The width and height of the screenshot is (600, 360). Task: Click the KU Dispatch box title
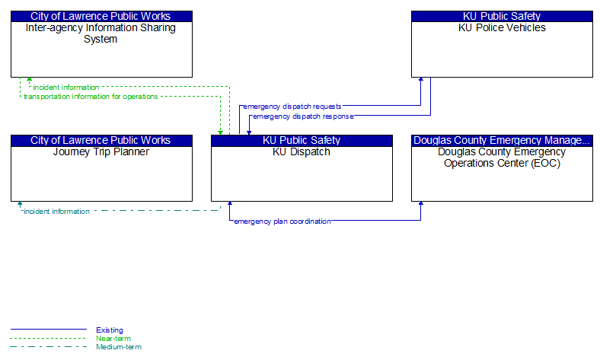[302, 152]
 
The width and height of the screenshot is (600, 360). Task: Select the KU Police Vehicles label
[502, 28]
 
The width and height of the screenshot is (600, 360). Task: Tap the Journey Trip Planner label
[101, 152]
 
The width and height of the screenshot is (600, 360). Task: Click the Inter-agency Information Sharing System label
[101, 33]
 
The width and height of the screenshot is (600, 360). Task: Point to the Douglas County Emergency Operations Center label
[502, 158]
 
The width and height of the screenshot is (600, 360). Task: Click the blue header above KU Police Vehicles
[502, 17]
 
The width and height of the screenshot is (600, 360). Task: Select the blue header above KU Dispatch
[302, 140]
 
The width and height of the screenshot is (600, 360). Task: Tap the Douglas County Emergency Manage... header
[502, 140]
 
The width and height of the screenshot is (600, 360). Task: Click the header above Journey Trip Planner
[101, 140]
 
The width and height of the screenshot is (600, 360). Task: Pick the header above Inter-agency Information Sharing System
[101, 17]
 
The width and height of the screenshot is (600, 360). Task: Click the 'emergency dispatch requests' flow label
[292, 107]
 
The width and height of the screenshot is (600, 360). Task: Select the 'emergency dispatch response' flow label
[303, 116]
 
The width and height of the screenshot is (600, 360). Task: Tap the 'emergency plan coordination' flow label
[282, 221]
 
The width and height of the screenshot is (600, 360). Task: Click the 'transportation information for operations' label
[91, 97]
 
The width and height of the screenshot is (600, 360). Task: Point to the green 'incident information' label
[65, 88]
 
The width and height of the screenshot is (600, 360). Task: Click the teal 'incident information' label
[56, 211]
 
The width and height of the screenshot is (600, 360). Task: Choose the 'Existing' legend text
[110, 330]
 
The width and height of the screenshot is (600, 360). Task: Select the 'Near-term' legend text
[113, 338]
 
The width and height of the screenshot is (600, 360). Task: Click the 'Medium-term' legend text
[119, 346]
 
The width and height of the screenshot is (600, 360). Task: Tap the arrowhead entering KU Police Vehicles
[421, 80]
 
